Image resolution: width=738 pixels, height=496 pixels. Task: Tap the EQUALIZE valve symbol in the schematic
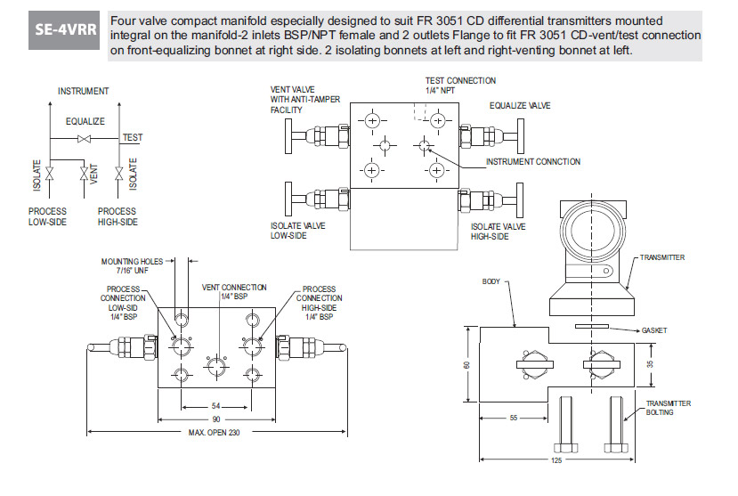point(84,140)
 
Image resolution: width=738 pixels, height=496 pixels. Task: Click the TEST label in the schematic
point(133,138)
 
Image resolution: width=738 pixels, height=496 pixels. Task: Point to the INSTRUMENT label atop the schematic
point(84,91)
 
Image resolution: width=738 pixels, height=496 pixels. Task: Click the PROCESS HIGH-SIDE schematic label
point(118,217)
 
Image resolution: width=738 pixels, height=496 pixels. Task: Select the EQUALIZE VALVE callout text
point(520,105)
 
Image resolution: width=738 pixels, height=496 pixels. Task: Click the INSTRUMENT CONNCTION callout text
point(532,162)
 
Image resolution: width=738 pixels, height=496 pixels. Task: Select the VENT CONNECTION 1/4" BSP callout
point(234,291)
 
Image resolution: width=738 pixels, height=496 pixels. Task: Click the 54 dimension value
point(216,406)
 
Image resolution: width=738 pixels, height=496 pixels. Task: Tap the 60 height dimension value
point(466,365)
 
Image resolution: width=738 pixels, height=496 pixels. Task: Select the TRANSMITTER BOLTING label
point(669,408)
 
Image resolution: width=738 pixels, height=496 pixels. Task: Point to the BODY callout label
point(492,281)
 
